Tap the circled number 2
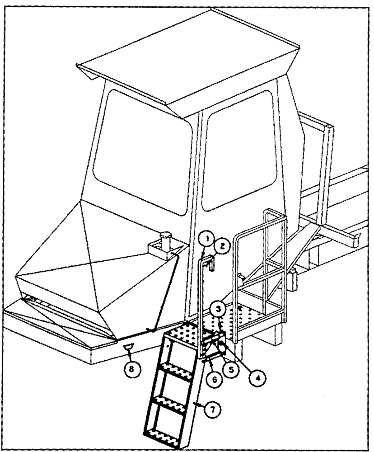coord(222,246)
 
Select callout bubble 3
coord(218,310)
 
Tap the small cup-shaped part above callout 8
coord(129,347)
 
